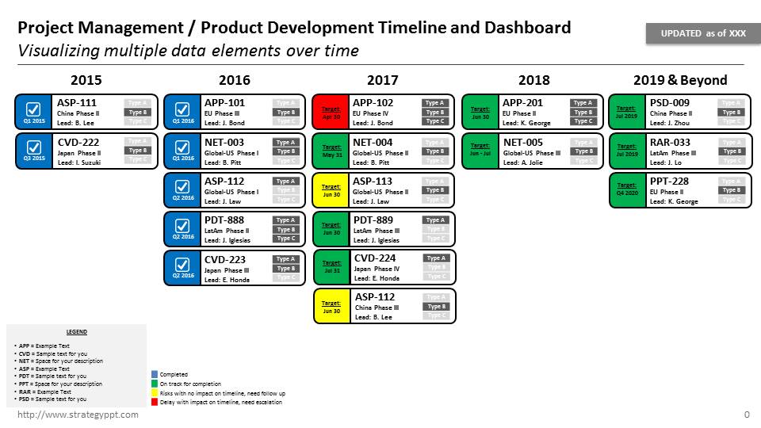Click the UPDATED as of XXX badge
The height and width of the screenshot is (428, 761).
pyautogui.click(x=703, y=33)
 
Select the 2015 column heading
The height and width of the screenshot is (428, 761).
pyautogui.click(x=86, y=80)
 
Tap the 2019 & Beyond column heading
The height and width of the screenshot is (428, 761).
pyautogui.click(x=679, y=80)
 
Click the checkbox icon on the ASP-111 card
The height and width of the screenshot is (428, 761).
pyautogui.click(x=33, y=109)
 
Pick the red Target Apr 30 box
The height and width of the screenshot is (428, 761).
pyautogui.click(x=331, y=112)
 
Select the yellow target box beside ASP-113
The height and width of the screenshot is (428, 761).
pyautogui.click(x=331, y=190)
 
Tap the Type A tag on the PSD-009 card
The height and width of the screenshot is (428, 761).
pyautogui.click(x=731, y=103)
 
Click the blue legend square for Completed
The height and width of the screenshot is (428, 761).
pyautogui.click(x=155, y=374)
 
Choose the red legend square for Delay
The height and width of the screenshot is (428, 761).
pyautogui.click(x=155, y=402)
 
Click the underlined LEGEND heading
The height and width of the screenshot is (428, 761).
pyautogui.click(x=77, y=332)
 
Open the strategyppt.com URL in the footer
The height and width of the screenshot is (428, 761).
pyautogui.click(x=78, y=415)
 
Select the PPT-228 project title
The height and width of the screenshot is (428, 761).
pyautogui.click(x=669, y=182)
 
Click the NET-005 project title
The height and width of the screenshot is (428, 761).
pyautogui.click(x=522, y=142)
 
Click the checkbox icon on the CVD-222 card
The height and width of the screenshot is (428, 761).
pyautogui.click(x=33, y=147)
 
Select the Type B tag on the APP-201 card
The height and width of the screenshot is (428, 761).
pyautogui.click(x=583, y=113)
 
